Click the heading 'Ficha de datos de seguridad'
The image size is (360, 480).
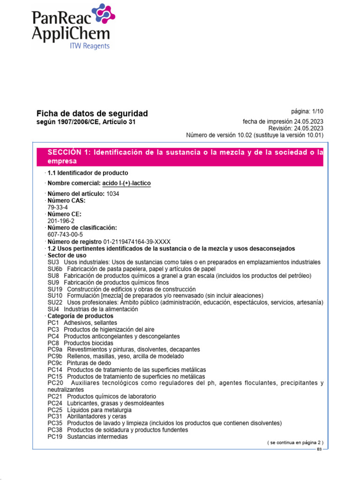[x=92, y=113]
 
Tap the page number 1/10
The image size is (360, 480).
[x=314, y=112]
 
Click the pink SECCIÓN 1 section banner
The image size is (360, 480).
[x=180, y=157]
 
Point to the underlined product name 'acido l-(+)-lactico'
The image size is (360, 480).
[x=127, y=183]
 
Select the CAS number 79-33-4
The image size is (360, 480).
[x=57, y=207]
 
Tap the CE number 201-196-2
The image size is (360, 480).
[x=61, y=221]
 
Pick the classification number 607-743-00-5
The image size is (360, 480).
[x=65, y=234]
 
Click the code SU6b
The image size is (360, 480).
[x=55, y=269]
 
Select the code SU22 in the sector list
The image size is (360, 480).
[x=55, y=303]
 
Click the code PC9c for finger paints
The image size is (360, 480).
[x=55, y=363]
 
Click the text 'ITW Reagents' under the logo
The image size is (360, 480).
[x=90, y=46]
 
